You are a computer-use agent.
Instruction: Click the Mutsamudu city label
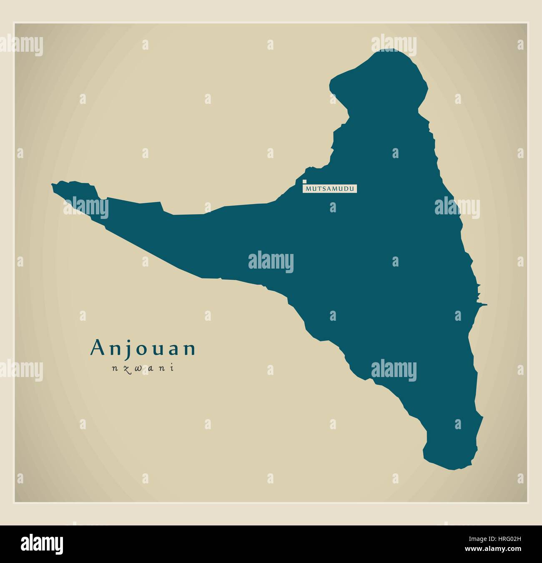tap(331, 189)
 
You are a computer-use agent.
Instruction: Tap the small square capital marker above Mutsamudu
tap(305, 181)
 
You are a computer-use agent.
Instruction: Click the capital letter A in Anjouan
tap(97, 348)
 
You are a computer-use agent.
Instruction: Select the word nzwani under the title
tap(143, 368)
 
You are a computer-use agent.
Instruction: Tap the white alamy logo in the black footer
tap(42, 544)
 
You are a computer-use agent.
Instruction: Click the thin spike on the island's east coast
tap(485, 305)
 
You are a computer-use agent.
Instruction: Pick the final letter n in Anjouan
tap(190, 349)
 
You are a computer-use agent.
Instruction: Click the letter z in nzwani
tap(124, 369)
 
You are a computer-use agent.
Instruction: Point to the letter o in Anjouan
tap(138, 349)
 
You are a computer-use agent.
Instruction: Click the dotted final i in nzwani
tap(171, 368)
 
